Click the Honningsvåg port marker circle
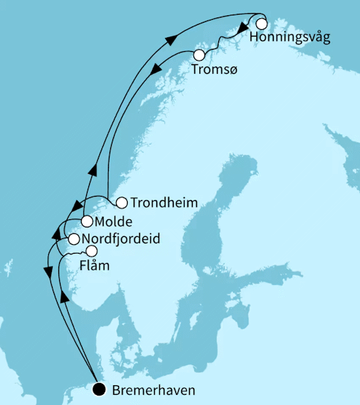tap(261, 23)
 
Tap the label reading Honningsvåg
tap(289, 37)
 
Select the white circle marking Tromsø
tap(199, 55)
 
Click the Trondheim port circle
tap(122, 202)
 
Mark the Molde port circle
tap(87, 221)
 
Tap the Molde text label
tap(113, 221)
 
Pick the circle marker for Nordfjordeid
tap(74, 239)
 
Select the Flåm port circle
tap(91, 251)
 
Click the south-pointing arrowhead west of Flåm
tap(48, 272)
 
